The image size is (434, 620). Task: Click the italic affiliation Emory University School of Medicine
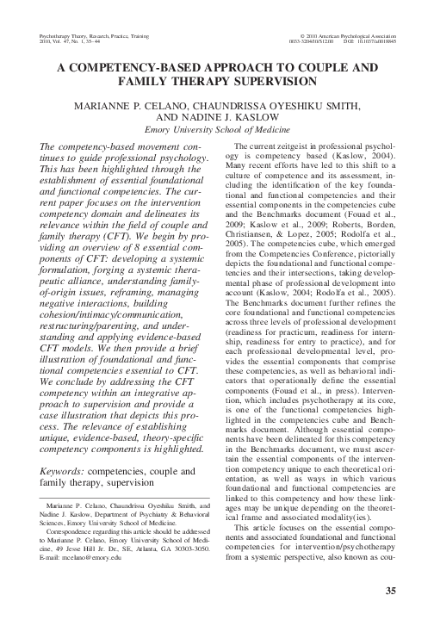(x=216, y=130)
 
